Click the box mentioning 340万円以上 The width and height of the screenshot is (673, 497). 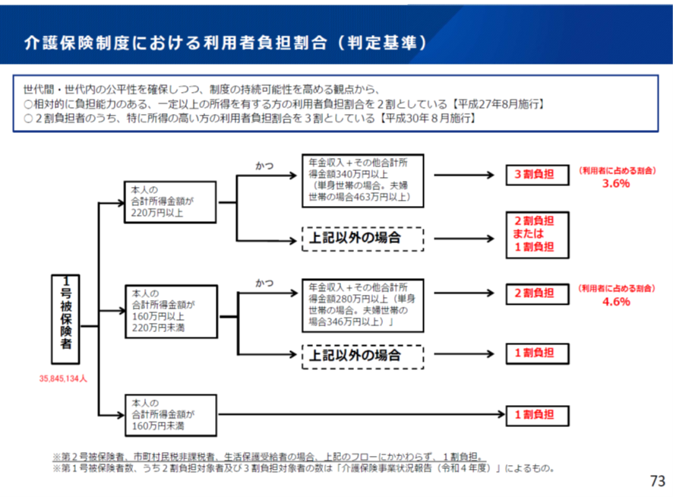tap(362, 180)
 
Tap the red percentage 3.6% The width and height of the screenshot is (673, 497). tap(616, 184)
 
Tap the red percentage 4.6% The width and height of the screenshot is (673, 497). tap(616, 302)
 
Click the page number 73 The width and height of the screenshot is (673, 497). tap(657, 481)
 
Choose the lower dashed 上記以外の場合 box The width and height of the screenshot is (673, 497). tap(362, 354)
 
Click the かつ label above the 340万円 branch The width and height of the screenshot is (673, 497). tap(265, 164)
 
